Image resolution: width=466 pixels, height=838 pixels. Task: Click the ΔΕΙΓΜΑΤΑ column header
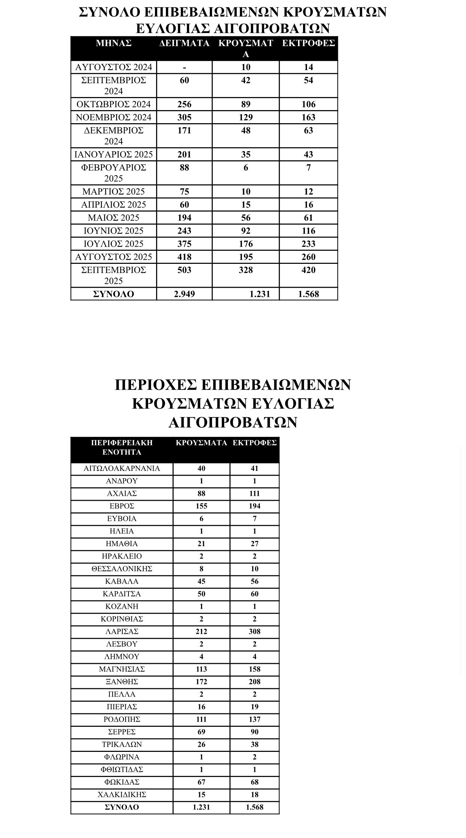tap(184, 43)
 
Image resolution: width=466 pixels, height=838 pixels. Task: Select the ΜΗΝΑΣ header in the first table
tap(114, 43)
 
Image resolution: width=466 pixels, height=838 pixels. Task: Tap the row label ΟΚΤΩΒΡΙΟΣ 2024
tap(114, 104)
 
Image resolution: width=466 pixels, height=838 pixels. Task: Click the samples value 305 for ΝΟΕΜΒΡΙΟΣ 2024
tap(184, 117)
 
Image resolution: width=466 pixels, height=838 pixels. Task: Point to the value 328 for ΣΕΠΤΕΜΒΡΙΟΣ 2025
tap(246, 270)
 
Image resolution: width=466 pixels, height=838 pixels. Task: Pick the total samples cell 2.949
tap(184, 294)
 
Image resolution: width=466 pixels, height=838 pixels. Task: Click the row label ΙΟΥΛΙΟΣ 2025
tap(114, 244)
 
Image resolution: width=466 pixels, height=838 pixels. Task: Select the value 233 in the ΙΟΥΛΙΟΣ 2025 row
tap(308, 244)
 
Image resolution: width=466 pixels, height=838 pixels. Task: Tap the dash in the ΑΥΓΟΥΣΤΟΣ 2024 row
tap(184, 67)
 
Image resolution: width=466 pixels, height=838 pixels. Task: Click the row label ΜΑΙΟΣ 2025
tap(114, 218)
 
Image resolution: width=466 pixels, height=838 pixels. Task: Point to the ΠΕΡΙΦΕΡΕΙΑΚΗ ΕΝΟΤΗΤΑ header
tap(122, 447)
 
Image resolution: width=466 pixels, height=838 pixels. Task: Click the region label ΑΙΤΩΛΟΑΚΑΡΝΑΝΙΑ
tap(122, 468)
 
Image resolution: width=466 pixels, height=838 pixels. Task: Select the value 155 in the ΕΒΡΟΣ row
tap(201, 506)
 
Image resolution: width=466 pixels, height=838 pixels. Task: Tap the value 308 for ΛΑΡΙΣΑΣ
tap(254, 631)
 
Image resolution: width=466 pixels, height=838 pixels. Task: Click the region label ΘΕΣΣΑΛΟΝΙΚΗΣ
tap(122, 569)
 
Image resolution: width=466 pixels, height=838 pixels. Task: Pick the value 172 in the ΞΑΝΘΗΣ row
tap(201, 681)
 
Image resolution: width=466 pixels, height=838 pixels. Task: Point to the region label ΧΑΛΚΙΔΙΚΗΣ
tap(122, 794)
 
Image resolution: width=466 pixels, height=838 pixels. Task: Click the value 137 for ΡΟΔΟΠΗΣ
tap(254, 719)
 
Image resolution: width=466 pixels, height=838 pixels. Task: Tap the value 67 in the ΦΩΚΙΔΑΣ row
tap(201, 782)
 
